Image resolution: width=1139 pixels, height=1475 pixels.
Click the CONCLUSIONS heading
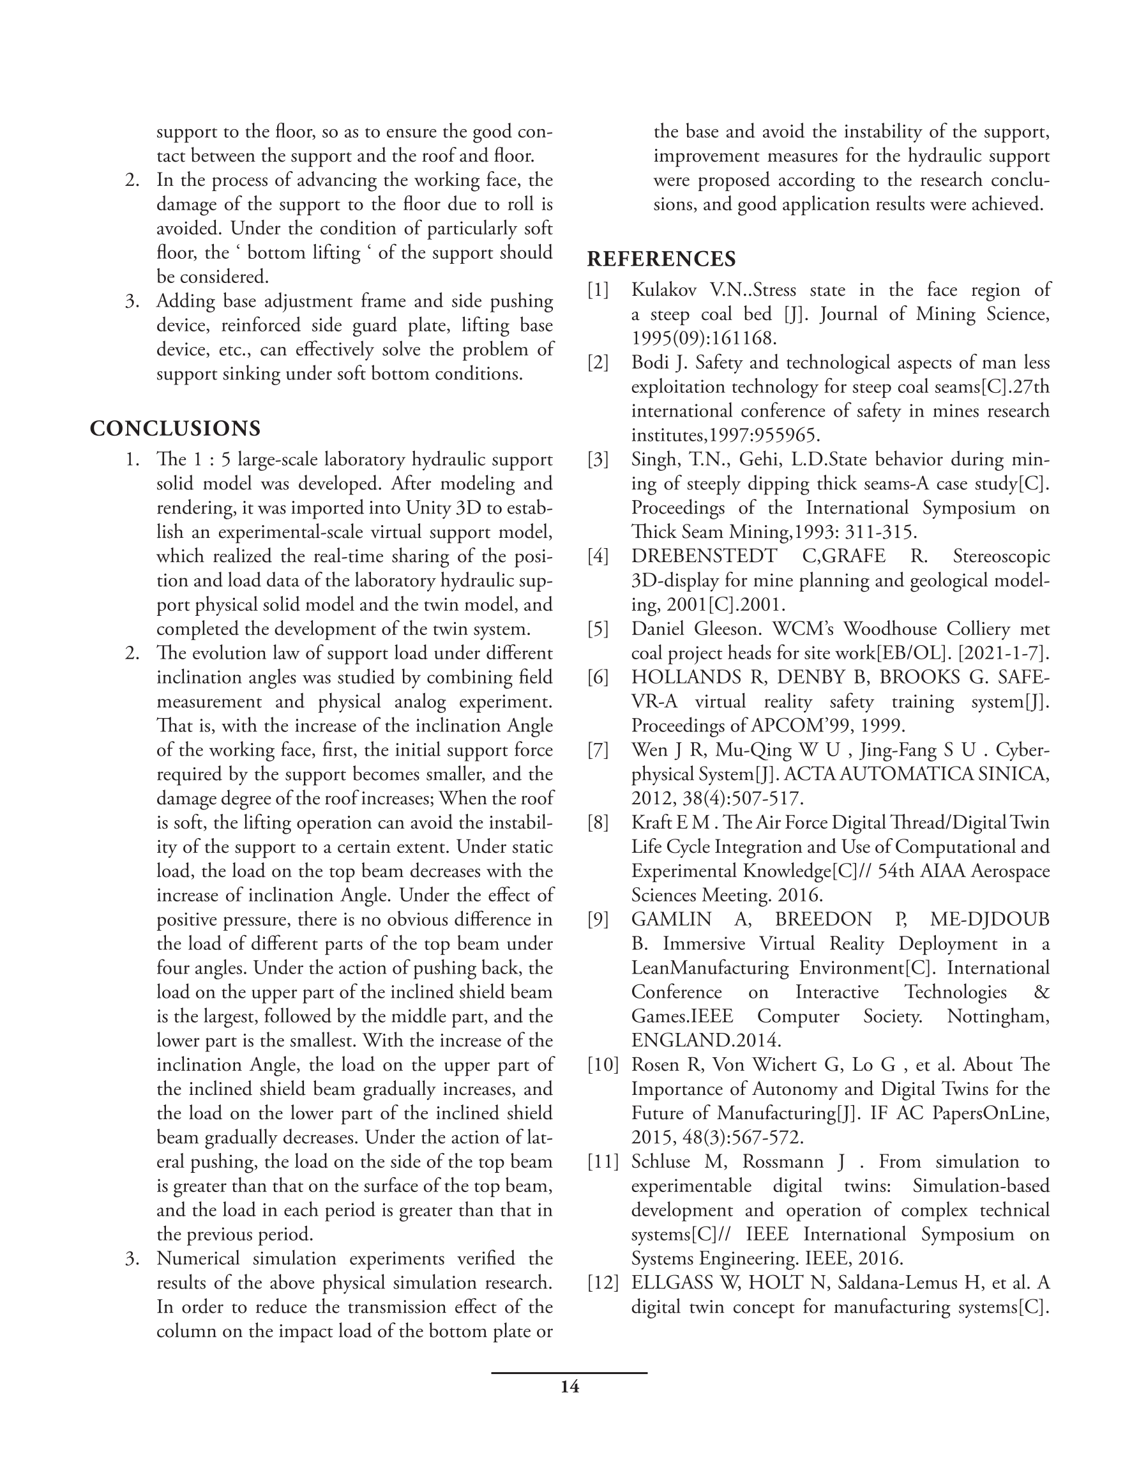175,429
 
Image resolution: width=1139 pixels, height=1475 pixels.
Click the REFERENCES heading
661,259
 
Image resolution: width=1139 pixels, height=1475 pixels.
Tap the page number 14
569,1387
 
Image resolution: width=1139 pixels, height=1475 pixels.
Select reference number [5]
598,629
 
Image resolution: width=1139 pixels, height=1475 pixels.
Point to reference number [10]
603,1065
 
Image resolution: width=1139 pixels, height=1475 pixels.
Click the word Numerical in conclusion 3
198,1258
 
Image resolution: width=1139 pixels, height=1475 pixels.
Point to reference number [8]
598,823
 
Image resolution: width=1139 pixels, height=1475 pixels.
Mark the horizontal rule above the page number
569,1373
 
